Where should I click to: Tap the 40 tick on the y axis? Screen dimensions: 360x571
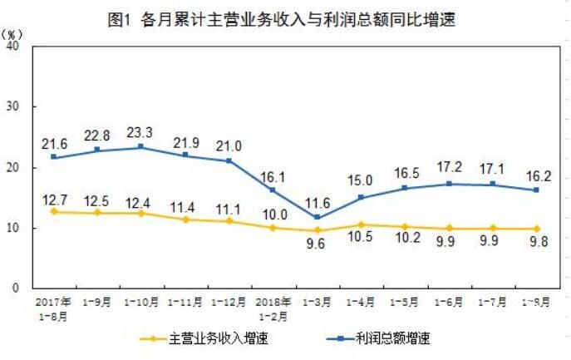[x=14, y=47]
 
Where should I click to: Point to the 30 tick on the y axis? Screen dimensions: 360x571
[x=14, y=107]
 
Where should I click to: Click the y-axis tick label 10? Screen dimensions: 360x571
[x=14, y=228]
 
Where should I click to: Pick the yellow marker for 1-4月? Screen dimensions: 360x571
[x=362, y=224]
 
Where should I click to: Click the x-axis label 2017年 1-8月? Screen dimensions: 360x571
[x=53, y=308]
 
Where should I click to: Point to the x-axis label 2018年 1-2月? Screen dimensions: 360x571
[x=274, y=308]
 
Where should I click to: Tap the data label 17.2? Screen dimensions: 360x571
[x=449, y=168]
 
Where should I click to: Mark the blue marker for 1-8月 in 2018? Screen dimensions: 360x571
[x=536, y=190]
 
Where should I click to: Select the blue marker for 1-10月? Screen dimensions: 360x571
[x=140, y=146]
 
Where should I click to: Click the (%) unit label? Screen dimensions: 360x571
[x=13, y=34]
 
